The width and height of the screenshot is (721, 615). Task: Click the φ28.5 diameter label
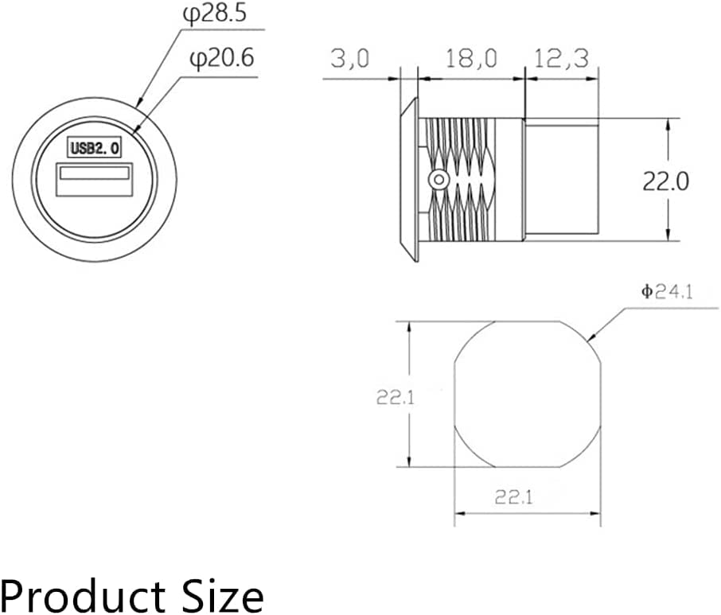tap(214, 14)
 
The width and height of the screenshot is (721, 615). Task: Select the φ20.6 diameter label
tap(222, 58)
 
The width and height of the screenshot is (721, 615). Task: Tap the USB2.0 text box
tap(94, 147)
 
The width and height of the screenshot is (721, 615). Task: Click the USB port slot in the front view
tap(94, 173)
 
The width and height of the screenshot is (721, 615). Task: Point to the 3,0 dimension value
tap(349, 59)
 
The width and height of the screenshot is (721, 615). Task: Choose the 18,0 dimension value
tap(471, 59)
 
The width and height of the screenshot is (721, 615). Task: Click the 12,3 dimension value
tap(561, 59)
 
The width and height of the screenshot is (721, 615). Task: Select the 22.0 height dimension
tap(665, 181)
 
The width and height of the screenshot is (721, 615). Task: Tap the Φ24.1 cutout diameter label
tap(667, 291)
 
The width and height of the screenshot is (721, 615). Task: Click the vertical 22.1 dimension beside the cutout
tap(395, 397)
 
